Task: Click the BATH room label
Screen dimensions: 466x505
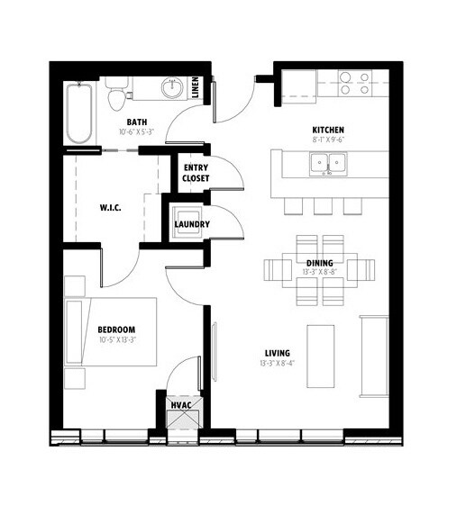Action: [x=137, y=122]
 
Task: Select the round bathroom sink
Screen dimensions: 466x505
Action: [x=173, y=87]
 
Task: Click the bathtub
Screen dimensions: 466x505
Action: [x=79, y=113]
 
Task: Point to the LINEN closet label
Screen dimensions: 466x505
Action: [x=196, y=87]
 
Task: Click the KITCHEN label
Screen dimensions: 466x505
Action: [x=328, y=130]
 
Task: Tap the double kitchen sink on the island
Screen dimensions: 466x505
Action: [x=328, y=164]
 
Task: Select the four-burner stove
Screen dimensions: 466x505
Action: [x=355, y=83]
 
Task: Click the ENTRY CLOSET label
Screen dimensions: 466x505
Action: [x=196, y=173]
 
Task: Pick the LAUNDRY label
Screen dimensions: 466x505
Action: [x=192, y=224]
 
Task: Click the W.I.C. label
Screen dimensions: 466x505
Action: [x=110, y=207]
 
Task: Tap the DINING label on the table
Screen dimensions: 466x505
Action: [x=320, y=263]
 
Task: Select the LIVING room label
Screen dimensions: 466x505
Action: [x=278, y=353]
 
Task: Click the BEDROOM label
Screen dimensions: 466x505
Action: [x=116, y=329]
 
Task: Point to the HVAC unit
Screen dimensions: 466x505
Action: [x=184, y=412]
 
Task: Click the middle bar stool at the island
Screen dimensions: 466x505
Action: [x=323, y=206]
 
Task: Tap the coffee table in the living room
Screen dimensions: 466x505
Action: [x=320, y=356]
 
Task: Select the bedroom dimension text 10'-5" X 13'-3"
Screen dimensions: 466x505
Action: [x=116, y=339]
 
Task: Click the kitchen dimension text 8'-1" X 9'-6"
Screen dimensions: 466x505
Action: [x=328, y=140]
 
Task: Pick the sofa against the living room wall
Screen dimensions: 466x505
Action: [x=374, y=356]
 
